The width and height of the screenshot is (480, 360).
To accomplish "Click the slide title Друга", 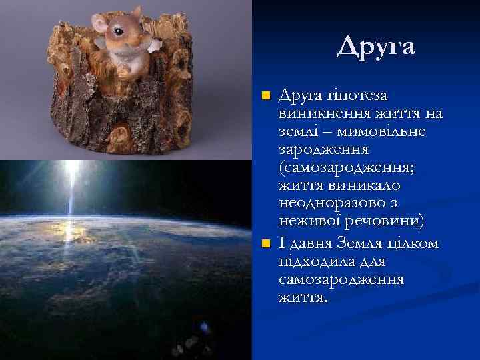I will [375, 46].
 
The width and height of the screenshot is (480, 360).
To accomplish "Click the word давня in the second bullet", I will [311, 243].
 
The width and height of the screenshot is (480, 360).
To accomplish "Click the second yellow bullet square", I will [265, 243].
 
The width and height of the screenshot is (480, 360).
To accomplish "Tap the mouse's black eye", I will [119, 31].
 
